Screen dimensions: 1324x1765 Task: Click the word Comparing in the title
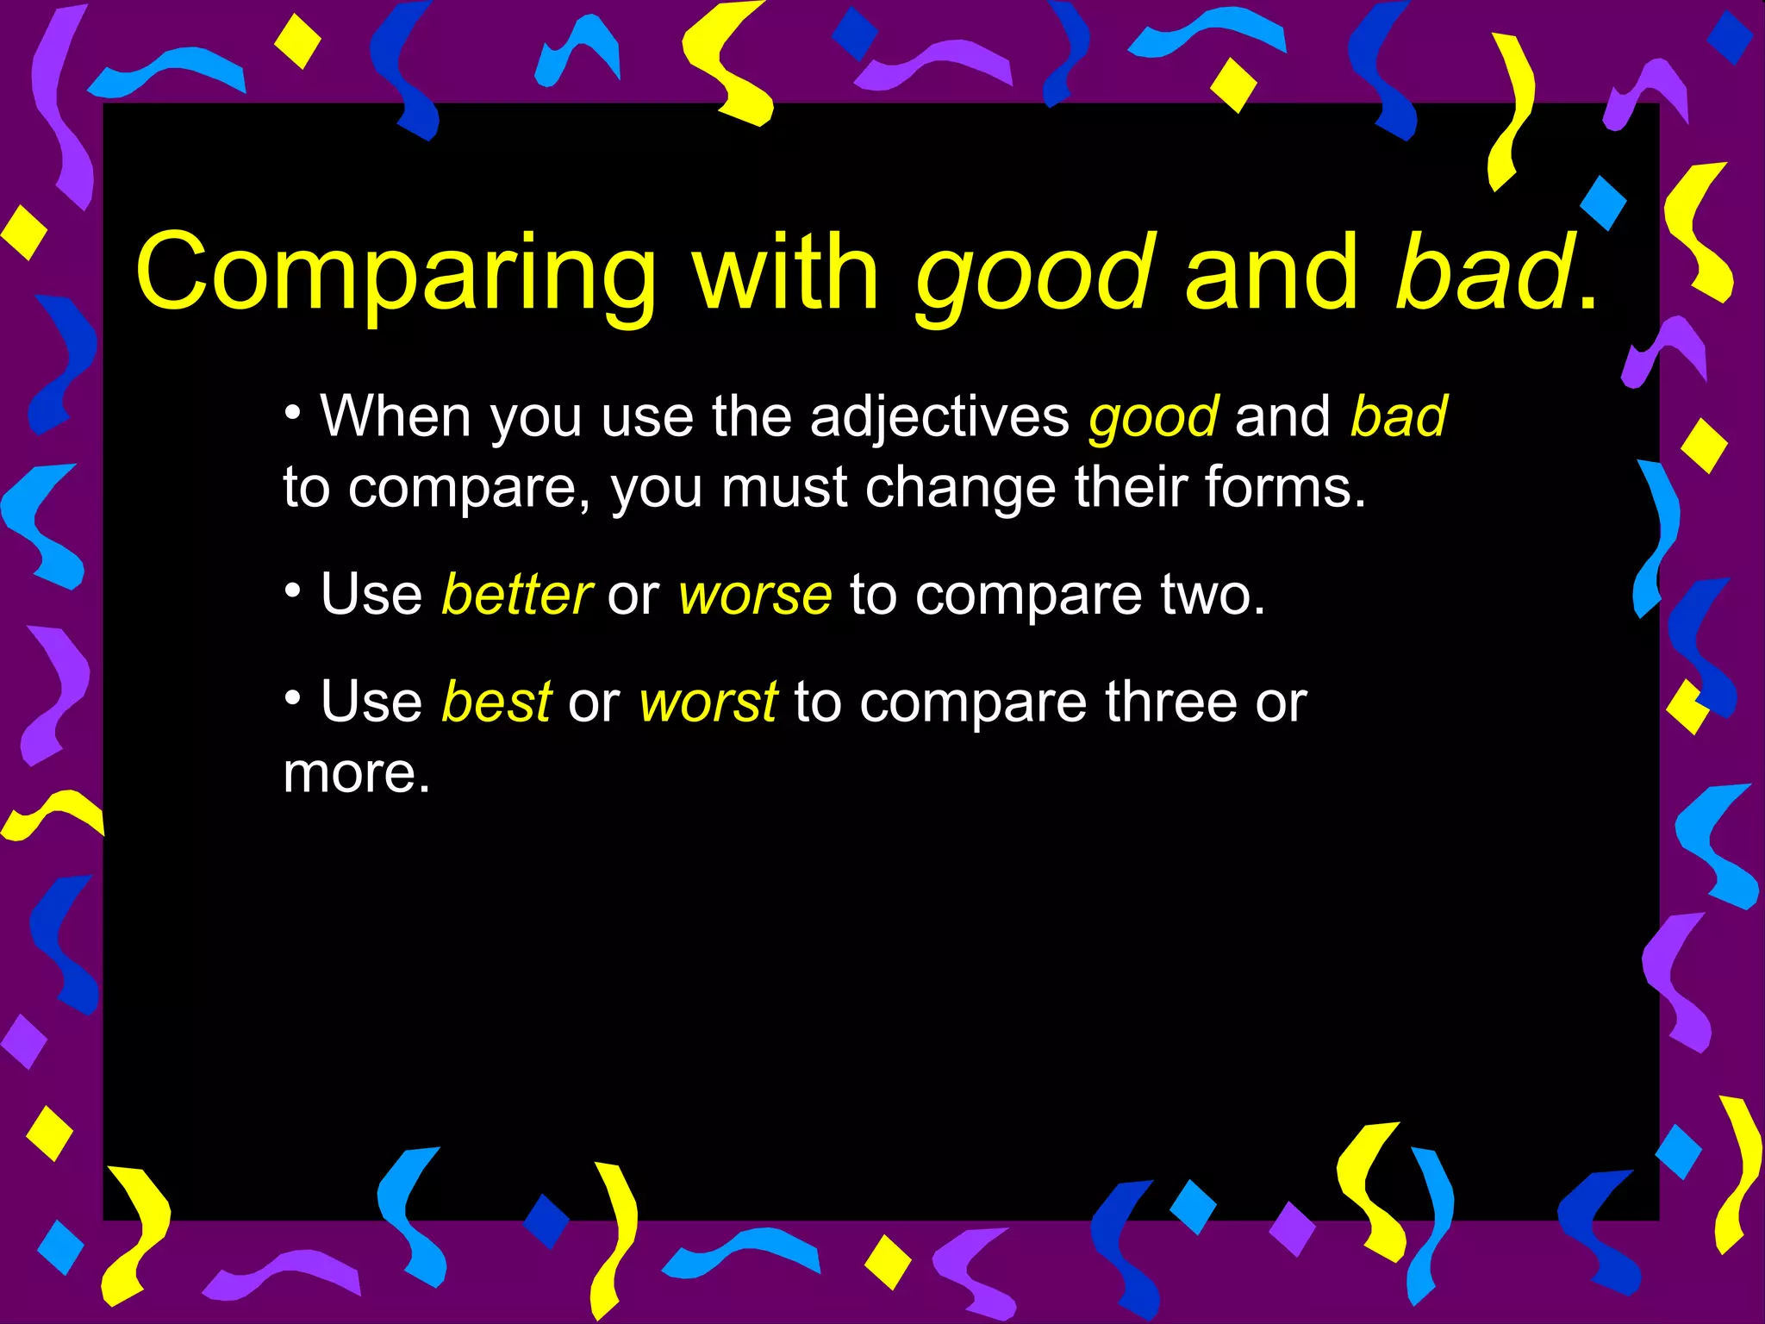(396, 274)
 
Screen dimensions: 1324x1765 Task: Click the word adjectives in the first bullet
(939, 419)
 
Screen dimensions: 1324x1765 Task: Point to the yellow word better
(515, 595)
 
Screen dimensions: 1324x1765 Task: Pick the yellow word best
(496, 702)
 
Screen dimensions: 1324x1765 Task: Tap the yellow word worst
(708, 703)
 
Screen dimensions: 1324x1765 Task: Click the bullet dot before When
(293, 411)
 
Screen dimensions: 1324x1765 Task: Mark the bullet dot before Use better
(293, 590)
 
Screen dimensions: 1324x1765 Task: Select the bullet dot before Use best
(293, 696)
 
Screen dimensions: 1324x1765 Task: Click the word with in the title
(786, 274)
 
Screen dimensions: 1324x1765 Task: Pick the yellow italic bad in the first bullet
(1398, 417)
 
